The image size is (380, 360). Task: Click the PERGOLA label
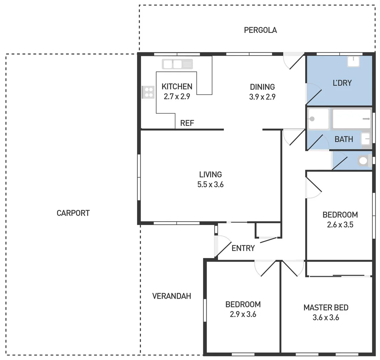(260, 30)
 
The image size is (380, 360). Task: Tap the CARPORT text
(73, 213)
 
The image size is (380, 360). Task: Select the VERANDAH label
(171, 296)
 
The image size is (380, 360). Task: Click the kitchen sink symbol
(177, 64)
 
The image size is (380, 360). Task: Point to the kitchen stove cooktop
(148, 92)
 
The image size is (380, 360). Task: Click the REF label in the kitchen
(187, 123)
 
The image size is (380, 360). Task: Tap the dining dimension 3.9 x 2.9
(262, 97)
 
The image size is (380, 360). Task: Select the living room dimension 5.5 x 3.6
(210, 184)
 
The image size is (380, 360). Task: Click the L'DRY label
(342, 83)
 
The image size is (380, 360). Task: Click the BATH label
(344, 139)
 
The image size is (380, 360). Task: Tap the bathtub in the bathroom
(352, 119)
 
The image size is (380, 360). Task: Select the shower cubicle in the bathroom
(318, 119)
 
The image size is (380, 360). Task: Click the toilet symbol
(365, 161)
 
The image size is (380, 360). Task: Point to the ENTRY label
(243, 248)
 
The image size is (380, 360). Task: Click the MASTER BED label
(326, 307)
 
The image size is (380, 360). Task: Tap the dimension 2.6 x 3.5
(340, 225)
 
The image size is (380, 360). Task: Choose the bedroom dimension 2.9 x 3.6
(243, 314)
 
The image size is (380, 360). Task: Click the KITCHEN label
(177, 87)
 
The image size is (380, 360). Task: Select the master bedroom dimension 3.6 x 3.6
(326, 317)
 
